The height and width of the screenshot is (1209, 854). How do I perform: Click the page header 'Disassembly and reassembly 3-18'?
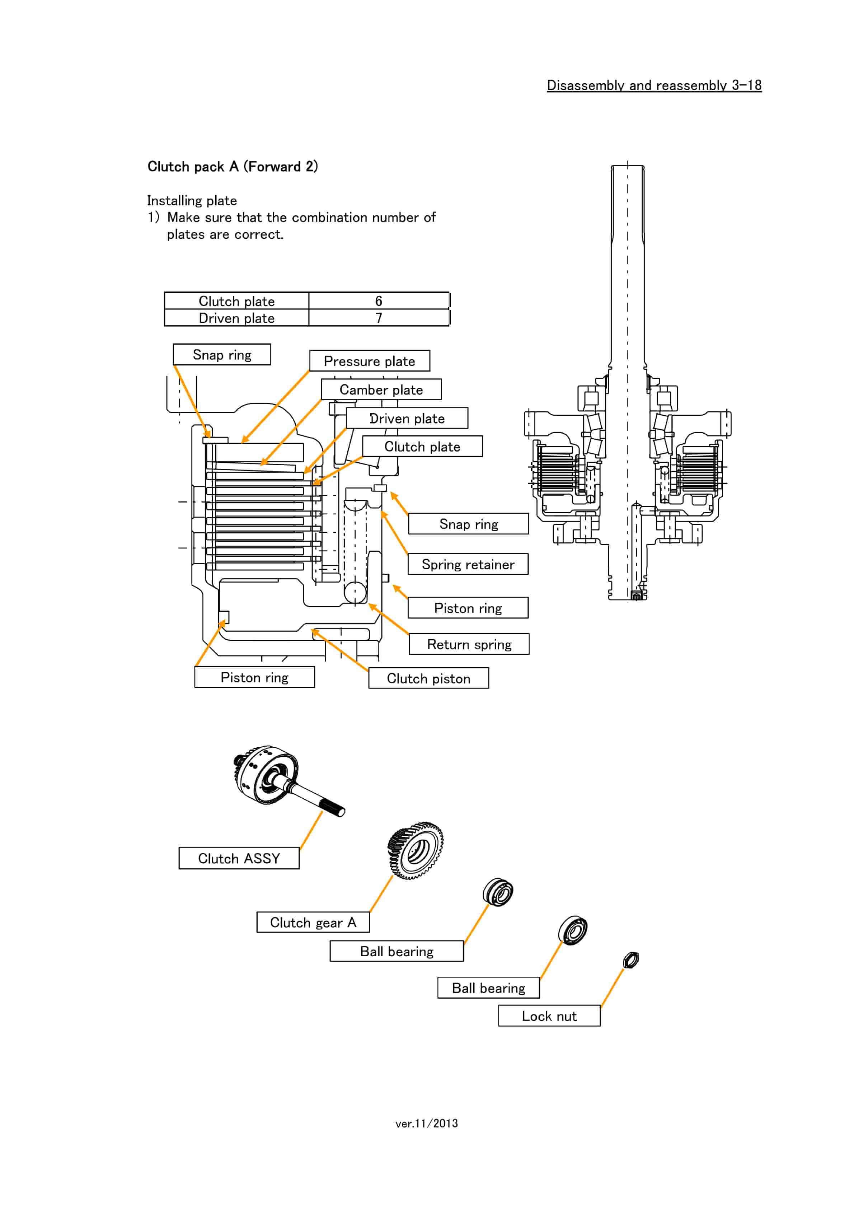[x=653, y=85]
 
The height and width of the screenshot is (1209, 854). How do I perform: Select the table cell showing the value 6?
[x=378, y=301]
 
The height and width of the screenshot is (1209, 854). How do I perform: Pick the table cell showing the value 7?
[x=378, y=318]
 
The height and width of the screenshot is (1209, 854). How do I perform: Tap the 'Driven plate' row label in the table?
[x=236, y=318]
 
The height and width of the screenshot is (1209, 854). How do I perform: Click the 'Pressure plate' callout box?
[x=369, y=361]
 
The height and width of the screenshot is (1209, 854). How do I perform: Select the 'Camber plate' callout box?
[x=381, y=390]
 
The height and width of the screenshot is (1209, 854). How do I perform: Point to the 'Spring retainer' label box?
[x=468, y=565]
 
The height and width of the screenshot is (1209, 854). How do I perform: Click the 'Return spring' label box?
[x=469, y=644]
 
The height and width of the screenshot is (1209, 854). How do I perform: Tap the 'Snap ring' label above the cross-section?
[x=222, y=355]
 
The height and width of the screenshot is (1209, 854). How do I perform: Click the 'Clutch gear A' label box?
[x=313, y=923]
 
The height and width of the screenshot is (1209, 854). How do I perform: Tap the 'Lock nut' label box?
[x=549, y=1016]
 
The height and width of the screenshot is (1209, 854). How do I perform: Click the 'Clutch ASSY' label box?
[x=239, y=858]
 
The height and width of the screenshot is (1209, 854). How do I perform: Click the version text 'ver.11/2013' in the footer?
[x=427, y=1123]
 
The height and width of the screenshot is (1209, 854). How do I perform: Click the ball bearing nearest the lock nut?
[x=572, y=930]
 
